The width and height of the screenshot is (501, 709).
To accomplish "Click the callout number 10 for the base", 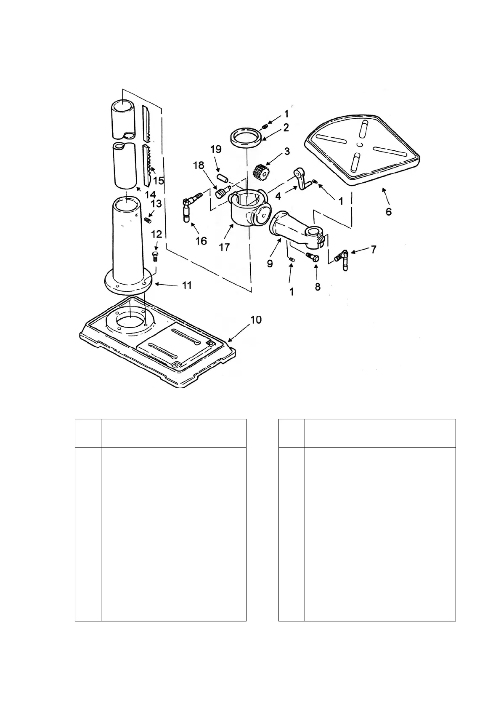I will click(256, 320).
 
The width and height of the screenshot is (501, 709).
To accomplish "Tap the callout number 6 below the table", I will click(388, 211).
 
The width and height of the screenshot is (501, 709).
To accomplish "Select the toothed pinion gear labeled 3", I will click(261, 172).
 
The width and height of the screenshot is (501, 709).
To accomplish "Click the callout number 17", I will click(224, 247).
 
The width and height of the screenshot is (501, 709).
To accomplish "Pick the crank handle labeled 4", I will click(302, 179).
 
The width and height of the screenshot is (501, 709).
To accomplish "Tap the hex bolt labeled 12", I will click(154, 255).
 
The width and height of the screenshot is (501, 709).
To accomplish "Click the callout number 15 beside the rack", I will click(159, 181).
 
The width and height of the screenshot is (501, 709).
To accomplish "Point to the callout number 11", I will click(187, 285).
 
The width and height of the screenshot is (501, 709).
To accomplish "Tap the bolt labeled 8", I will click(313, 257).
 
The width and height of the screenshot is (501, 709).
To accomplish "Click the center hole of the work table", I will click(358, 144).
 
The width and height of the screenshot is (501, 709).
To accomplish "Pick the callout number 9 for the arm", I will click(270, 264).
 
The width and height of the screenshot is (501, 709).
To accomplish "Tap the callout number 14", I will click(150, 195).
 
